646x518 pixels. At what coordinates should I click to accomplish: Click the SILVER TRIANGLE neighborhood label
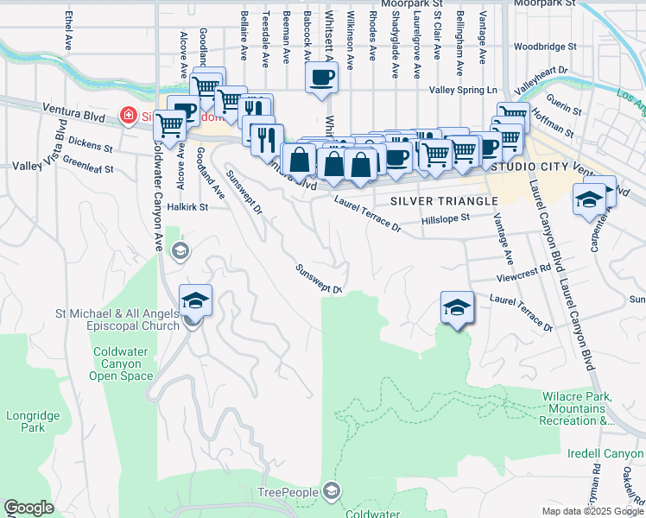tap(444, 200)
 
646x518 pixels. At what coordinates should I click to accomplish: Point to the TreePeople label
tap(289, 492)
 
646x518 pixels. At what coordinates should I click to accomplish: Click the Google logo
tap(28, 508)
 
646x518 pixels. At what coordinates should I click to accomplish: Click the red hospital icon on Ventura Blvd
tap(128, 115)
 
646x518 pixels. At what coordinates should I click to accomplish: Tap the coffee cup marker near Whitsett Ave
tap(321, 78)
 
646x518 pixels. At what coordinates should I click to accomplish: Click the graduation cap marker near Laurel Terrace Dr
tap(457, 307)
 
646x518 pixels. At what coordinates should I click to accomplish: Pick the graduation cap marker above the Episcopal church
tap(196, 301)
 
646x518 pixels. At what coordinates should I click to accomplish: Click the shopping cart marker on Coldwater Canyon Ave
tap(170, 126)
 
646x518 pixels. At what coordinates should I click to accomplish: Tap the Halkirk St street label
tap(189, 207)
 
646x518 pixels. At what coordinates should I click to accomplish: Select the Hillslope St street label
tap(445, 220)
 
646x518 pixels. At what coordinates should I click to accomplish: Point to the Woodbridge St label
tap(543, 47)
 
